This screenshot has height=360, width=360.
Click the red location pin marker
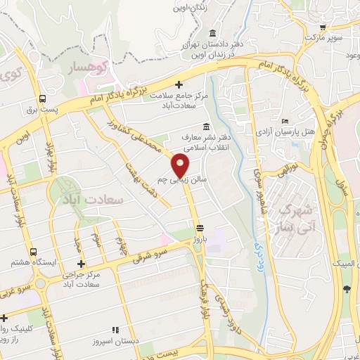coord(181,165)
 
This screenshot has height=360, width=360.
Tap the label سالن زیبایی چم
coord(181,181)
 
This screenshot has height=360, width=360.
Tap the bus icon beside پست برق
coord(43,99)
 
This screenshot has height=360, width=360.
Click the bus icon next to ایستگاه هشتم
coord(33,251)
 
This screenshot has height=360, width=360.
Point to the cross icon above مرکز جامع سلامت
coord(179,84)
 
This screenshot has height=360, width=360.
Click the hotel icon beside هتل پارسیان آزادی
coord(285,121)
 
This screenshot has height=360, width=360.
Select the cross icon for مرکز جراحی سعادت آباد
coord(82,264)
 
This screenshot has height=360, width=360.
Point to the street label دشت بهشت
coord(138,173)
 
